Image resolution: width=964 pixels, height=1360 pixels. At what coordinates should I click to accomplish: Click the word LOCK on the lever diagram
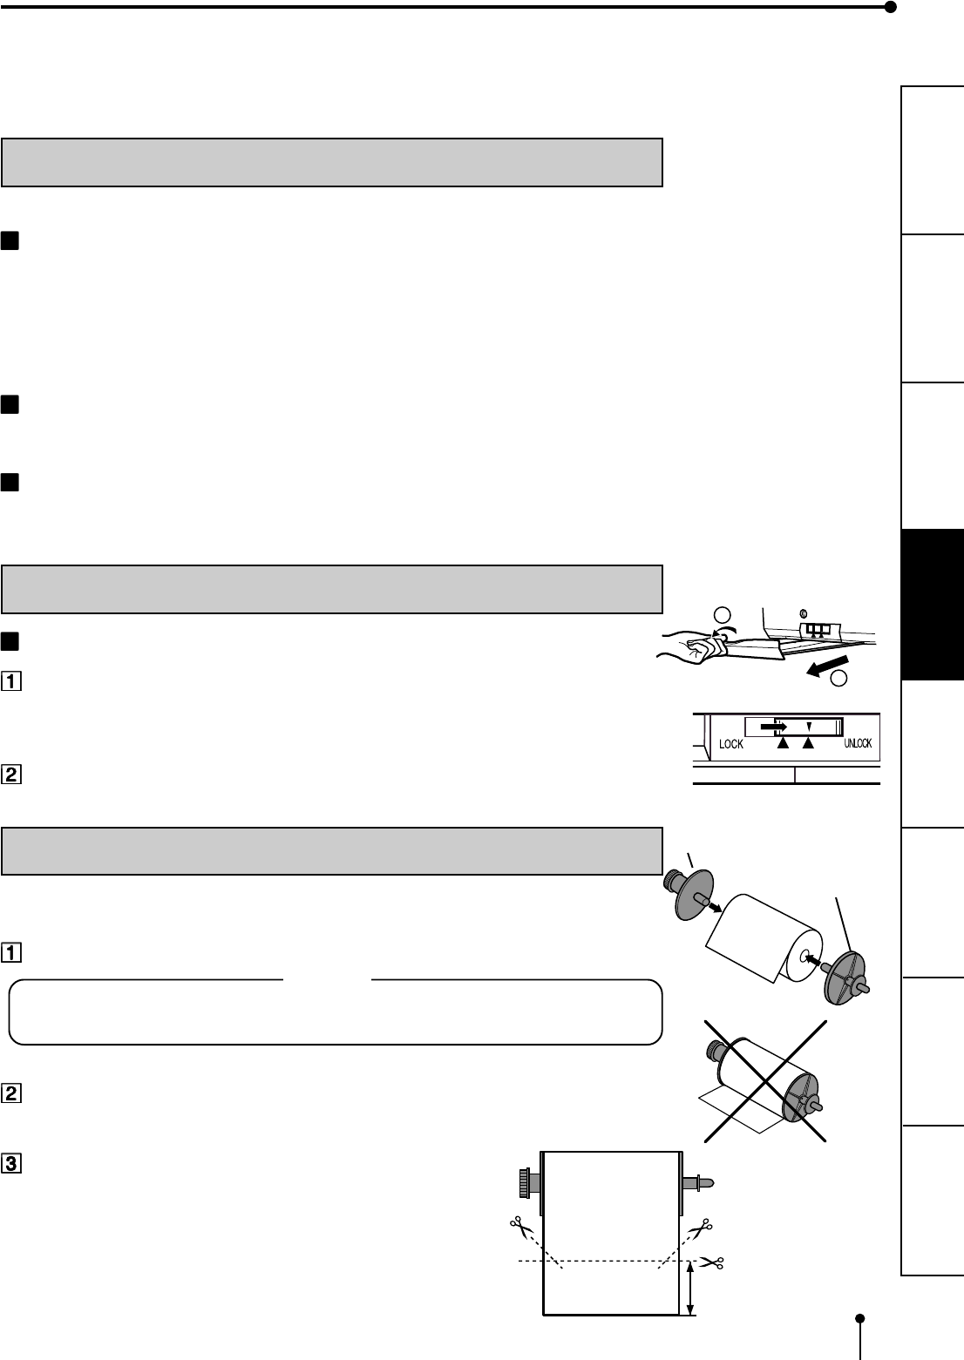pos(731,744)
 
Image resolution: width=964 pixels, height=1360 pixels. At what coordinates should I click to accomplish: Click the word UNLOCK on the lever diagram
pos(858,743)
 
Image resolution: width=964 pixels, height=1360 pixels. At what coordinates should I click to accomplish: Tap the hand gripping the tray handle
pos(693,646)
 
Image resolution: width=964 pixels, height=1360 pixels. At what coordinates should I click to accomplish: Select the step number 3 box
pos(13,1162)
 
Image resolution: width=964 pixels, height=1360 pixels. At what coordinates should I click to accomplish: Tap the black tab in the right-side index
pos(933,604)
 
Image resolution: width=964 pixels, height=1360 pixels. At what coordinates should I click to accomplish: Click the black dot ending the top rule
pos(890,8)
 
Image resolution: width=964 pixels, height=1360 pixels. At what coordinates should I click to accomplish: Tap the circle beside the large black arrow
pos(839,678)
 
